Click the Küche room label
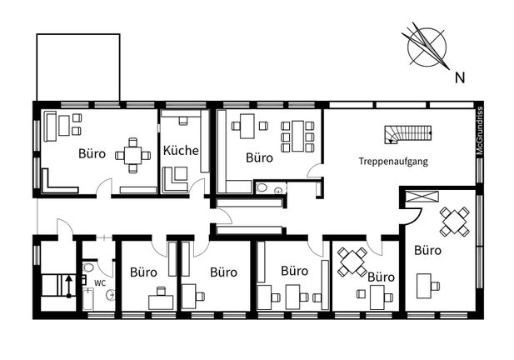pyautogui.click(x=181, y=151)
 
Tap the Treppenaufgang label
pyautogui.click(x=393, y=162)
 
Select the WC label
pyautogui.click(x=100, y=283)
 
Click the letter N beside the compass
pyautogui.click(x=460, y=77)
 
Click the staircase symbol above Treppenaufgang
pyautogui.click(x=408, y=135)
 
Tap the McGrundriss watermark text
pyautogui.click(x=480, y=131)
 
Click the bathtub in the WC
pyautogui.click(x=88, y=299)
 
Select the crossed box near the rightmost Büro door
pyautogui.click(x=422, y=197)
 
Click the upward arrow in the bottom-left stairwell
pyautogui.click(x=69, y=286)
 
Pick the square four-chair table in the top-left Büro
pyautogui.click(x=132, y=155)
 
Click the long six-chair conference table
pyautogui.click(x=297, y=137)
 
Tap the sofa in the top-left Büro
pyautogui.click(x=50, y=126)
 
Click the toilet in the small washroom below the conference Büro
pyautogui.click(x=262, y=187)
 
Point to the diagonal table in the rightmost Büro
pyautogui.click(x=455, y=222)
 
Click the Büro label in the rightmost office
pyautogui.click(x=428, y=251)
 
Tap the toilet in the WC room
pyautogui.click(x=88, y=267)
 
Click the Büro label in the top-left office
pyautogui.click(x=92, y=153)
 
